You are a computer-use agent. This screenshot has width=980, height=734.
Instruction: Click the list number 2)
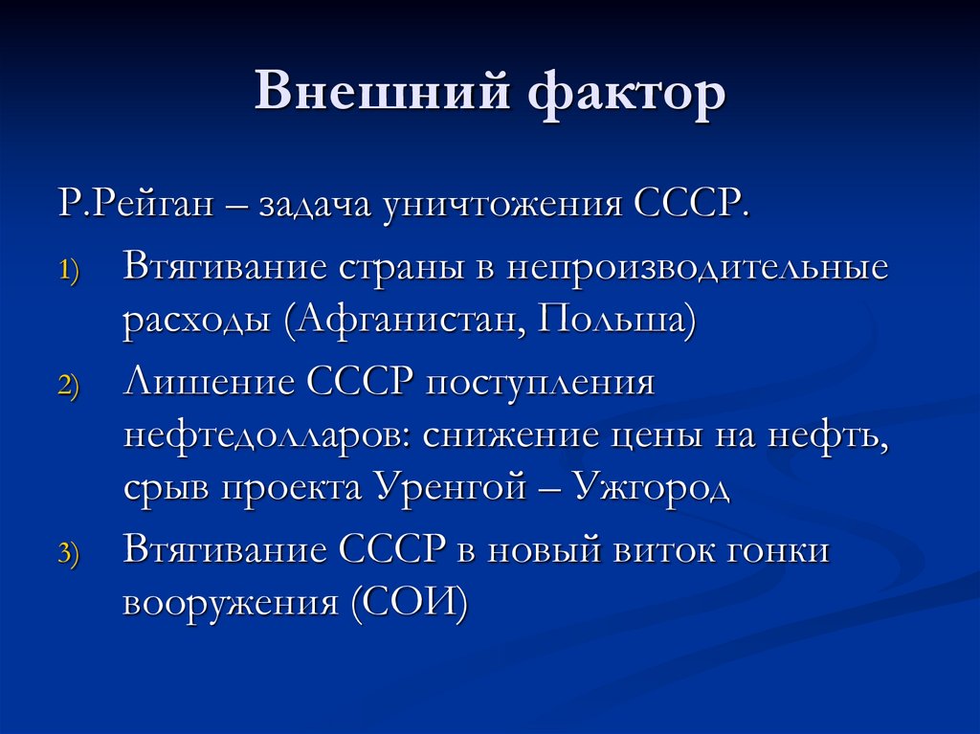pos(71,386)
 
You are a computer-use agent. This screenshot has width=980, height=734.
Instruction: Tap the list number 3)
pos(71,553)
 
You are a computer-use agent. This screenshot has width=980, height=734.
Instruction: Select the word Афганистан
pos(410,319)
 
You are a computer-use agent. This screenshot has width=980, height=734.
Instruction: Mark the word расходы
pos(197,319)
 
